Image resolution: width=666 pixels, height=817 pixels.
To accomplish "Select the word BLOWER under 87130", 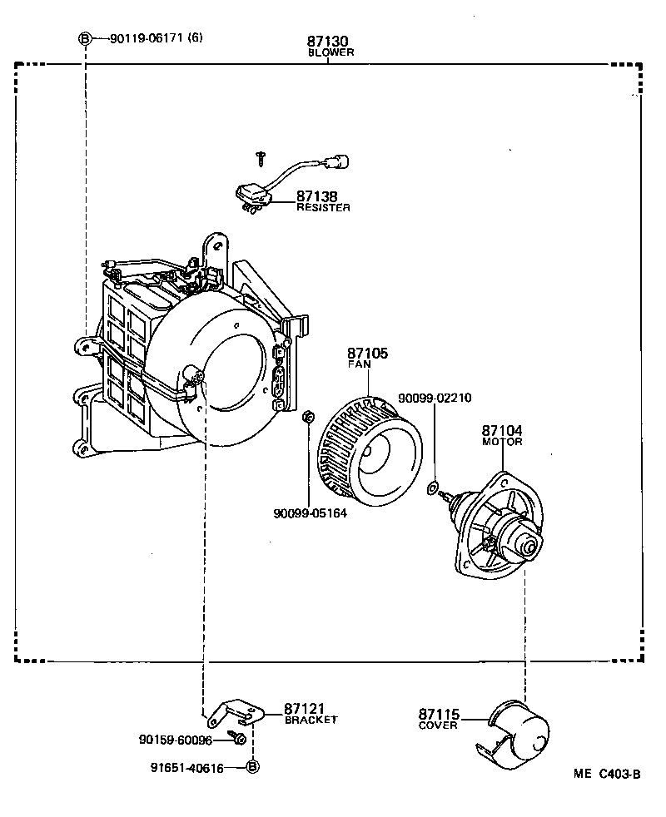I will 331,52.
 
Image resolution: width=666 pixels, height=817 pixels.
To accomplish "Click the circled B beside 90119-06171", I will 84,38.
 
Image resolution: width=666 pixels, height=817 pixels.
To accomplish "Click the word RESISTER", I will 323,208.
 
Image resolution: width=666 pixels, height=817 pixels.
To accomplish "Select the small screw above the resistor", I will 261,156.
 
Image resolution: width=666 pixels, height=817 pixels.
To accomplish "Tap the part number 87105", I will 367,354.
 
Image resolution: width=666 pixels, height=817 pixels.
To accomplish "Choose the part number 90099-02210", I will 434,399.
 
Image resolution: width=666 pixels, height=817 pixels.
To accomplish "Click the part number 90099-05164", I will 310,512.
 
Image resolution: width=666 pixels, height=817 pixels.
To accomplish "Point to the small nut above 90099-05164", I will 307,415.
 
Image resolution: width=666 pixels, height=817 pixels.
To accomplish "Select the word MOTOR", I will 502,443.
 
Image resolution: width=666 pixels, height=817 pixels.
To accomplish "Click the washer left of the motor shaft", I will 432,488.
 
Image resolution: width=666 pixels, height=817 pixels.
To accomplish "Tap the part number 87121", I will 303,708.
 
